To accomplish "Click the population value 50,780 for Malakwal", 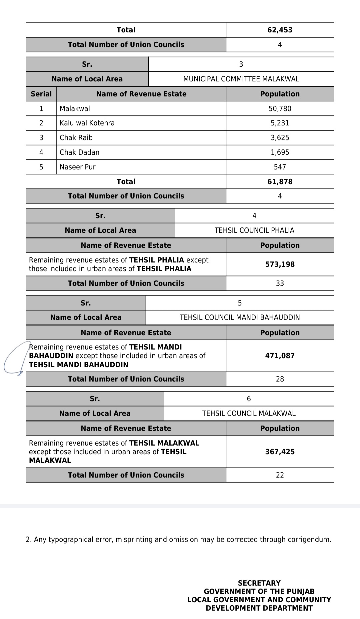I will pyautogui.click(x=280, y=109).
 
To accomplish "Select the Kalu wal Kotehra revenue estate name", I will pyautogui.click(x=87, y=123).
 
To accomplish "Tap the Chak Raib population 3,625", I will pyautogui.click(x=280, y=138).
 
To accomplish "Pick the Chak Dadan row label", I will pyautogui.click(x=79, y=152).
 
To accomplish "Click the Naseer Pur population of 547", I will pyautogui.click(x=280, y=167).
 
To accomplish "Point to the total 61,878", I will pyautogui.click(x=280, y=182).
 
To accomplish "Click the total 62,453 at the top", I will pyautogui.click(x=280, y=30).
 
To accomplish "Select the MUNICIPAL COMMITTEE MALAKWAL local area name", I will pyautogui.click(x=241, y=79).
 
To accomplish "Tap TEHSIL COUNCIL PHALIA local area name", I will pyautogui.click(x=254, y=230).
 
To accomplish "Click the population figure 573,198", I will pyautogui.click(x=280, y=264).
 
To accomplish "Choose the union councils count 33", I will pyautogui.click(x=280, y=283).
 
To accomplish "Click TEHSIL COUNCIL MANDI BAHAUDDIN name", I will pyautogui.click(x=240, y=318).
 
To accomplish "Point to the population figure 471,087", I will pyautogui.click(x=280, y=356).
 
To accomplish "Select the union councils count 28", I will pyautogui.click(x=280, y=379).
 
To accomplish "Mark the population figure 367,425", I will pyautogui.click(x=280, y=452).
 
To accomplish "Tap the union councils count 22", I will pyautogui.click(x=280, y=475).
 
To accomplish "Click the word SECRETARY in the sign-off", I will pyautogui.click(x=259, y=583).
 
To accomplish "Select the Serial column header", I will pyautogui.click(x=41, y=94).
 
